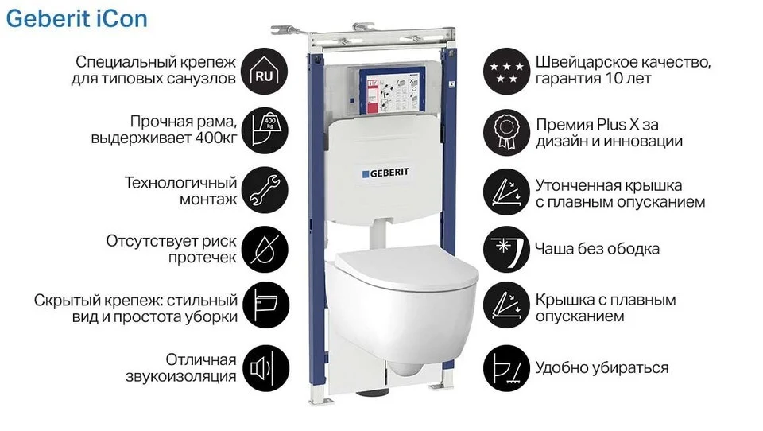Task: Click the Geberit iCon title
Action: tap(76, 19)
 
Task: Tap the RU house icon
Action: tap(265, 71)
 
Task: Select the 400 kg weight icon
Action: tap(265, 130)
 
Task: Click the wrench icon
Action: tap(265, 190)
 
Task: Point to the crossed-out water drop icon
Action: tap(265, 250)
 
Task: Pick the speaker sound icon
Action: tap(265, 368)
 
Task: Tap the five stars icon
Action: tap(506, 71)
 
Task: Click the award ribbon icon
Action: tap(506, 133)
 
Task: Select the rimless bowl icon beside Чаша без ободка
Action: tap(506, 250)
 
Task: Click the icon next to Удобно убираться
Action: tap(506, 368)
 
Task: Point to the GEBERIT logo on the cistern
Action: tap(385, 173)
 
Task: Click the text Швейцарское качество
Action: tap(623, 62)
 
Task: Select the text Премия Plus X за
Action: tap(597, 125)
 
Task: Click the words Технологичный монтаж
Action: tap(181, 191)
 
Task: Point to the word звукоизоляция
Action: tap(181, 376)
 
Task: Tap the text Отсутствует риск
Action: tap(172, 241)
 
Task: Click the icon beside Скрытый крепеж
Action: tap(265, 305)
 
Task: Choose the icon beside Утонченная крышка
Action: tap(506, 192)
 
